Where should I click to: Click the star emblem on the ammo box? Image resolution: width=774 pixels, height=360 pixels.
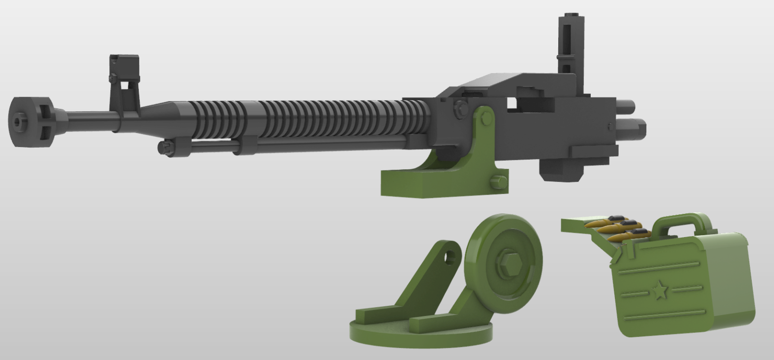pos(658,291)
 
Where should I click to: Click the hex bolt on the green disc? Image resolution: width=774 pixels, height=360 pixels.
pos(506,263)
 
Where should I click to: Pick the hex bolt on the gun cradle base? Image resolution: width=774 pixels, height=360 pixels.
pos(498,182)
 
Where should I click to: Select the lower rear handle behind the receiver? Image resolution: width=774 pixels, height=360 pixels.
pos(631,127)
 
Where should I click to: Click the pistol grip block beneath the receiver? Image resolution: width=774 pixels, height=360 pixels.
pos(561,169)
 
